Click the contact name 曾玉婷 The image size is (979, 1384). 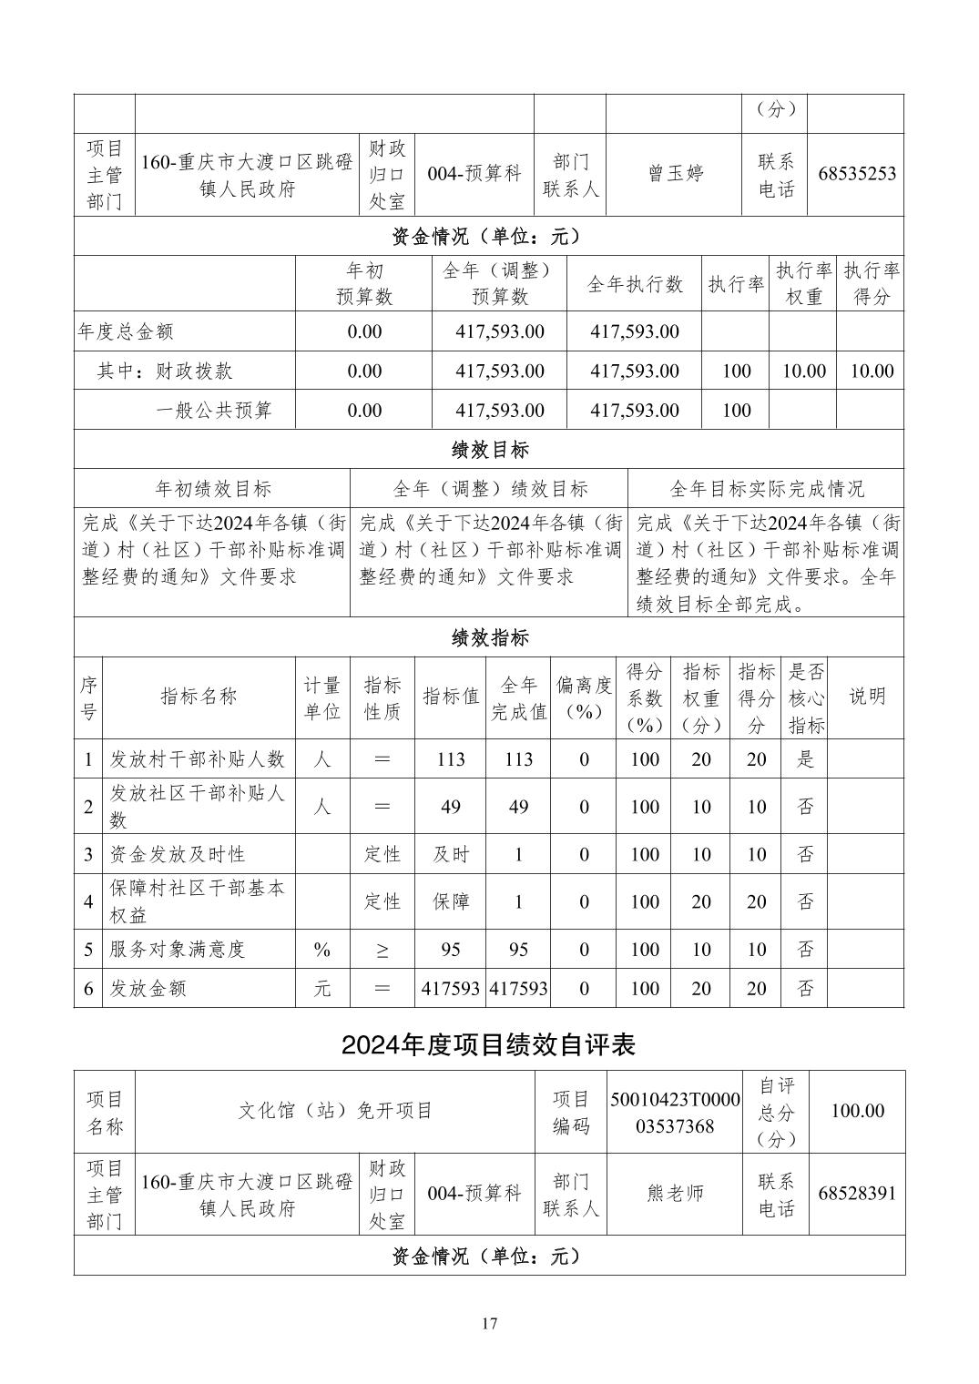(675, 174)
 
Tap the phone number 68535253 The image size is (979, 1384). (856, 174)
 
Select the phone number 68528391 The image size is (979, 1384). (856, 1193)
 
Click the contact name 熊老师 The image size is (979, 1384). (675, 1193)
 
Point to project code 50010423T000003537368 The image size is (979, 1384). (675, 1113)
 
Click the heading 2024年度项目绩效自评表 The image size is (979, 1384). (489, 1044)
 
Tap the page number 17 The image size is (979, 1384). (489, 1323)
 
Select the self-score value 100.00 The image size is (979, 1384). (857, 1111)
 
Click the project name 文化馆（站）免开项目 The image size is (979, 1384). (335, 1111)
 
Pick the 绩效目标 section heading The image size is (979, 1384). (489, 450)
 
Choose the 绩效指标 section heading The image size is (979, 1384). (489, 637)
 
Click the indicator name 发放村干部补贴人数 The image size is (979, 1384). (198, 759)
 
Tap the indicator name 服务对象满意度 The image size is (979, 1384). (178, 949)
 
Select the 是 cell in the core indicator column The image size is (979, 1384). (805, 759)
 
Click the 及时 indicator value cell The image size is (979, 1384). (451, 854)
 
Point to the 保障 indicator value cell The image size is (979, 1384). (451, 901)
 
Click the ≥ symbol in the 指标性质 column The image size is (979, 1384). (382, 950)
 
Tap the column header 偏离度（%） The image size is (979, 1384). (584, 698)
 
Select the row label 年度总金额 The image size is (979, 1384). (126, 331)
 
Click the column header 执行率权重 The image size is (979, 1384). (803, 284)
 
